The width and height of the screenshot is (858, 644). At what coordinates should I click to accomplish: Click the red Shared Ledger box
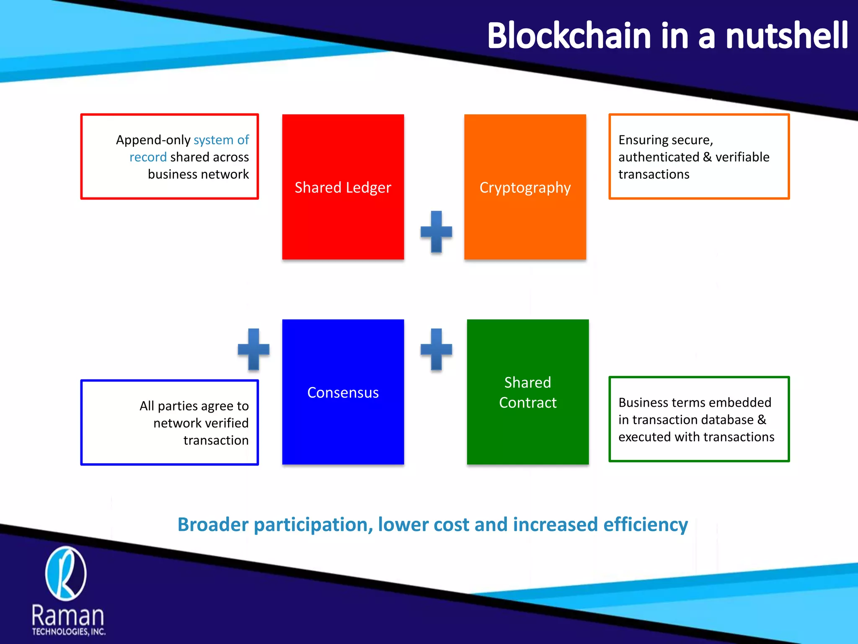coord(343,187)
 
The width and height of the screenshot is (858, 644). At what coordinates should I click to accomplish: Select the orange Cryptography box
coord(525,187)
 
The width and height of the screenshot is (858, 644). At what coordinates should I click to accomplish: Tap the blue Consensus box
coord(343,392)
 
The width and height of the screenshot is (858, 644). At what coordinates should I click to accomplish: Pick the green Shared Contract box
coord(527,392)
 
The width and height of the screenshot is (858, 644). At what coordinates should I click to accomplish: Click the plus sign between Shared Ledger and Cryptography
coord(436,231)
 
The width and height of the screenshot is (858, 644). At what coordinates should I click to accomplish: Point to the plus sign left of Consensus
coord(253,349)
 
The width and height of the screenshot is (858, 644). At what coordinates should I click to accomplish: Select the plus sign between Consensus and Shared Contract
coord(436,349)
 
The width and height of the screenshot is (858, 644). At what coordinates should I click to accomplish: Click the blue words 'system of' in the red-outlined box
coord(221,140)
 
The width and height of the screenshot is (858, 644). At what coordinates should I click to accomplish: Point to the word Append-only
coord(153,140)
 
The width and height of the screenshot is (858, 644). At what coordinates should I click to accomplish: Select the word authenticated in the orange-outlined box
coord(659,157)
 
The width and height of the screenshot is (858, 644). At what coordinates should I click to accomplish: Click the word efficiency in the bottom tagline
coord(645,525)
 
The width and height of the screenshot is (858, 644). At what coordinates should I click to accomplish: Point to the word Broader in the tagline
coord(213,525)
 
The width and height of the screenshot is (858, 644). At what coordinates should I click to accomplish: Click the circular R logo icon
coord(66,573)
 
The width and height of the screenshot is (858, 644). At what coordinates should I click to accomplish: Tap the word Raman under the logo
coord(68,615)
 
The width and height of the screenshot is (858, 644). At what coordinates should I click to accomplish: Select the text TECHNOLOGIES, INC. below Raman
coord(69,631)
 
